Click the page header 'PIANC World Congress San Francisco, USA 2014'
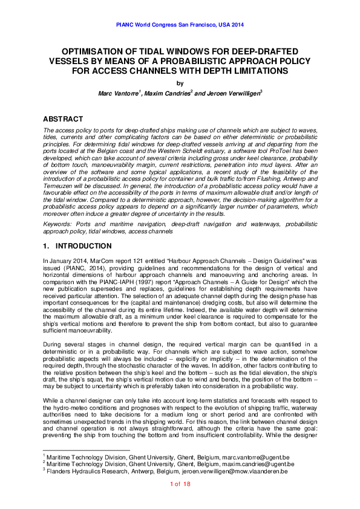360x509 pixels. click(x=180, y=26)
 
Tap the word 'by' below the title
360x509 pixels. click(x=180, y=83)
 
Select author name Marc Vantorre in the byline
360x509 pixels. click(x=119, y=94)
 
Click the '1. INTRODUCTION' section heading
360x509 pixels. click(x=77, y=247)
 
